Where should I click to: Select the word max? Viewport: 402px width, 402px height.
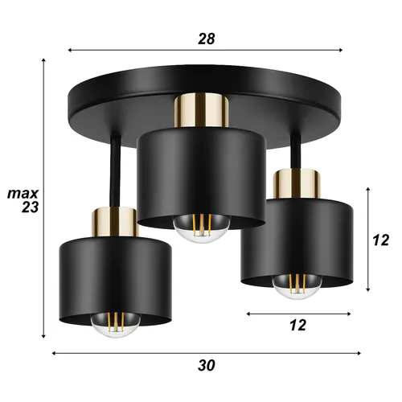[x=23, y=194]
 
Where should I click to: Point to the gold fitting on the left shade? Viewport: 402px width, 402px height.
[x=115, y=219]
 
